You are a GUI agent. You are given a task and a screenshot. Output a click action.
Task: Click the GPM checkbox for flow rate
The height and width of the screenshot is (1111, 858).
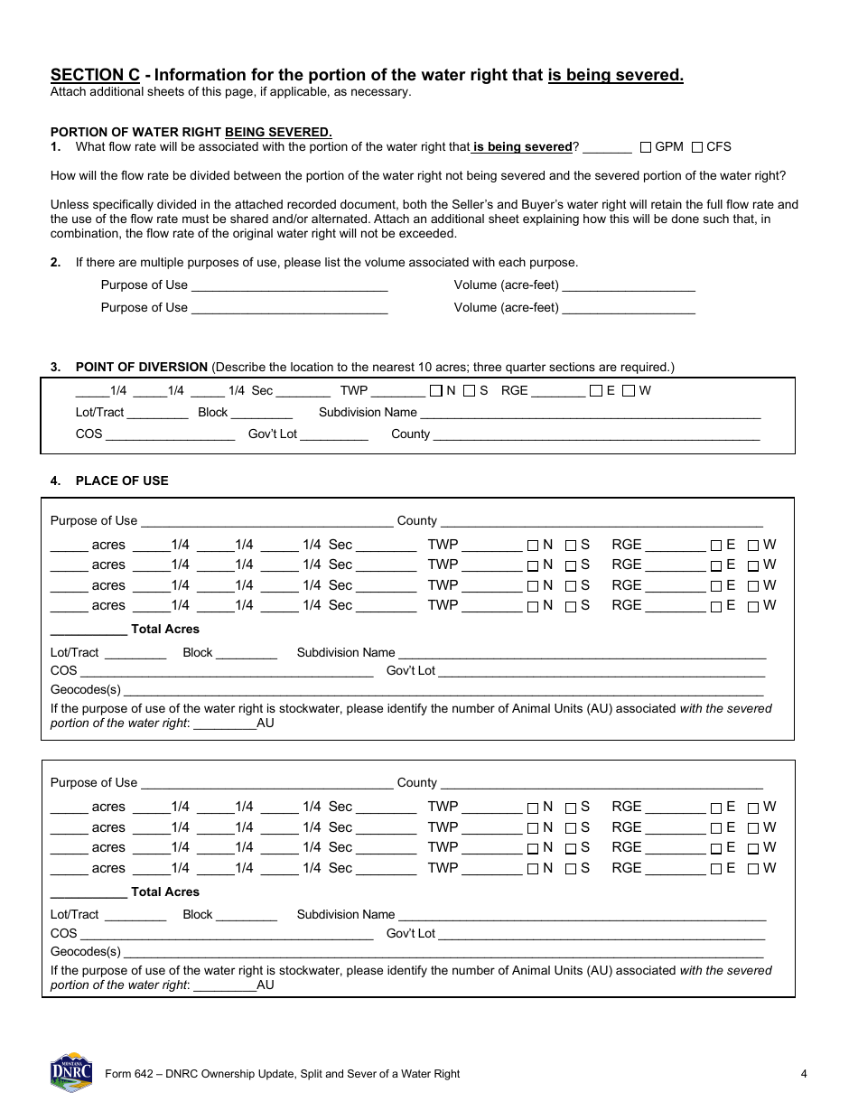646,147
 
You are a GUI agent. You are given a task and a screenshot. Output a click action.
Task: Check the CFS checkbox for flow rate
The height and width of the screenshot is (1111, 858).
697,147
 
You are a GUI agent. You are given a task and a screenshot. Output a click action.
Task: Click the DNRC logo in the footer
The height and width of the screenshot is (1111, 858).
71,1071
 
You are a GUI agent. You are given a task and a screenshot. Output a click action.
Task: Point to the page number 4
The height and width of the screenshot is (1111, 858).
803,1074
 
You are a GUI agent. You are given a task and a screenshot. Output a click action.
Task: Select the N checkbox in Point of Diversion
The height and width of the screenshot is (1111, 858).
436,391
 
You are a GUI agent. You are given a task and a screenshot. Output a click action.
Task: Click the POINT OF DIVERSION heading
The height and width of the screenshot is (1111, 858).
141,367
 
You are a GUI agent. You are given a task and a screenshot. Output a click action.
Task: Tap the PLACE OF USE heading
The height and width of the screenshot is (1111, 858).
121,481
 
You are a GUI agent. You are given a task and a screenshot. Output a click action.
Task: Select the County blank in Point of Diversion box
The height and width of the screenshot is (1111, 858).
596,434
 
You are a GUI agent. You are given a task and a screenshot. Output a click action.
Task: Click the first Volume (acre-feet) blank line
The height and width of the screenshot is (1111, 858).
629,285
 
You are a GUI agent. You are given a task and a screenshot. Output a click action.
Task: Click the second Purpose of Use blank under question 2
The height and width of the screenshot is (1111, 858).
290,308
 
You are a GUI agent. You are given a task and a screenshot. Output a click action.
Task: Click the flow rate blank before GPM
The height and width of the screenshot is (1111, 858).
613,147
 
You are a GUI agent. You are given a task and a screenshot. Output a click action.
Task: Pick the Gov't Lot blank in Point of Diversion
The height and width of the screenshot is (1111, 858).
334,434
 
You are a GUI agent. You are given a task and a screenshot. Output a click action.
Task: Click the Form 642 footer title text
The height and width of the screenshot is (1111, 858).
282,1074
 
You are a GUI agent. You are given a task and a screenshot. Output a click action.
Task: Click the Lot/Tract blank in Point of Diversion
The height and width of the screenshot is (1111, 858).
157,413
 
